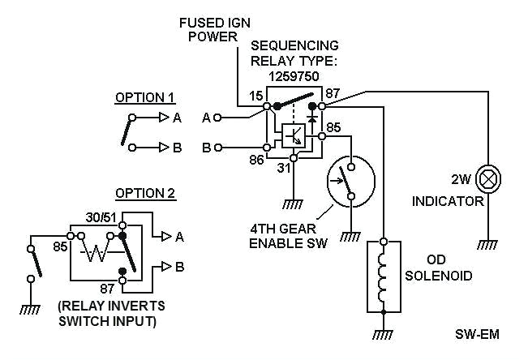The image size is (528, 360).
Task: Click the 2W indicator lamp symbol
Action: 488,178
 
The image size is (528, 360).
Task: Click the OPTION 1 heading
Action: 145,97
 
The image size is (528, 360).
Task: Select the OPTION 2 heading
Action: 145,193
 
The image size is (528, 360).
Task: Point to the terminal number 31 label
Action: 283,168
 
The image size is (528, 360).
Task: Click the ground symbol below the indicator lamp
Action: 487,244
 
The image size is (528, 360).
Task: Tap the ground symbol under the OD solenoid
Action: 384,334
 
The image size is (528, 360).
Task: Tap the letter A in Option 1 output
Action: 177,118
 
